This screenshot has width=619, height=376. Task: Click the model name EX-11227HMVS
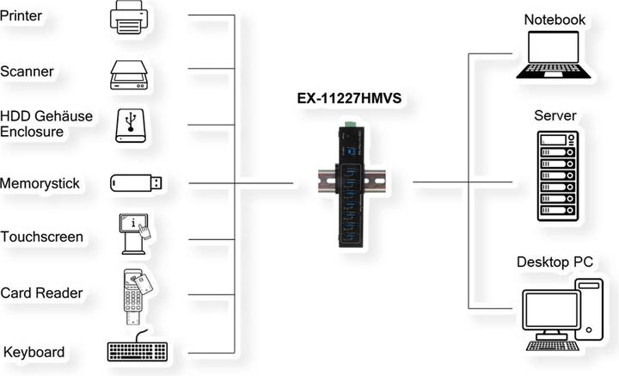(x=344, y=99)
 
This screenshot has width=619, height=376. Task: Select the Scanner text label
(x=28, y=72)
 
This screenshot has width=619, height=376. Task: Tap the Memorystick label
(x=40, y=183)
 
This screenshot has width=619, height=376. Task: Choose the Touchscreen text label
(x=42, y=237)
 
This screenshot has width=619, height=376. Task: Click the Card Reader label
(x=41, y=293)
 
